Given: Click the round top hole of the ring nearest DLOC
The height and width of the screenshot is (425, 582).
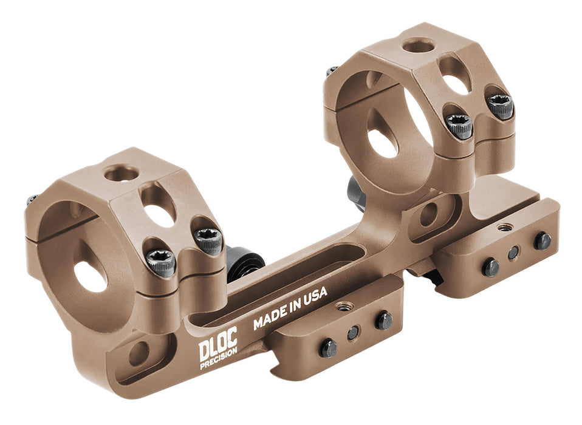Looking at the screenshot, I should pyautogui.click(x=122, y=174).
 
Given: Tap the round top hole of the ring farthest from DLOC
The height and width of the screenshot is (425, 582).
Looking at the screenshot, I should pyautogui.click(x=419, y=45).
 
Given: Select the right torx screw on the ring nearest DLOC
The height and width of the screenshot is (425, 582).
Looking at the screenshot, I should pyautogui.click(x=208, y=241).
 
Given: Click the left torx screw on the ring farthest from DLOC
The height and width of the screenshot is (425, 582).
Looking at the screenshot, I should pyautogui.click(x=459, y=126).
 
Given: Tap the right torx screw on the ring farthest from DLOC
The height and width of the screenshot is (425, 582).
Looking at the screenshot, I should pyautogui.click(x=500, y=106).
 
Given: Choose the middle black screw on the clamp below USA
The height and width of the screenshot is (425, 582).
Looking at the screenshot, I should pyautogui.click(x=353, y=333).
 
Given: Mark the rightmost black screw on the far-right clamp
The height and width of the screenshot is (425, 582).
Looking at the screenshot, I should pyautogui.click(x=542, y=240).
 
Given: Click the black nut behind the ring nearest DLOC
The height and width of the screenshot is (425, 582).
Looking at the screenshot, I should pyautogui.click(x=245, y=262).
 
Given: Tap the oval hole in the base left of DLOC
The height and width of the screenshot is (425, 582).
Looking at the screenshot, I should pyautogui.click(x=139, y=353).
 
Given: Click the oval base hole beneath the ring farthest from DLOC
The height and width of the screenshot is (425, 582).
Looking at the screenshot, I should pyautogui.click(x=430, y=214).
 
